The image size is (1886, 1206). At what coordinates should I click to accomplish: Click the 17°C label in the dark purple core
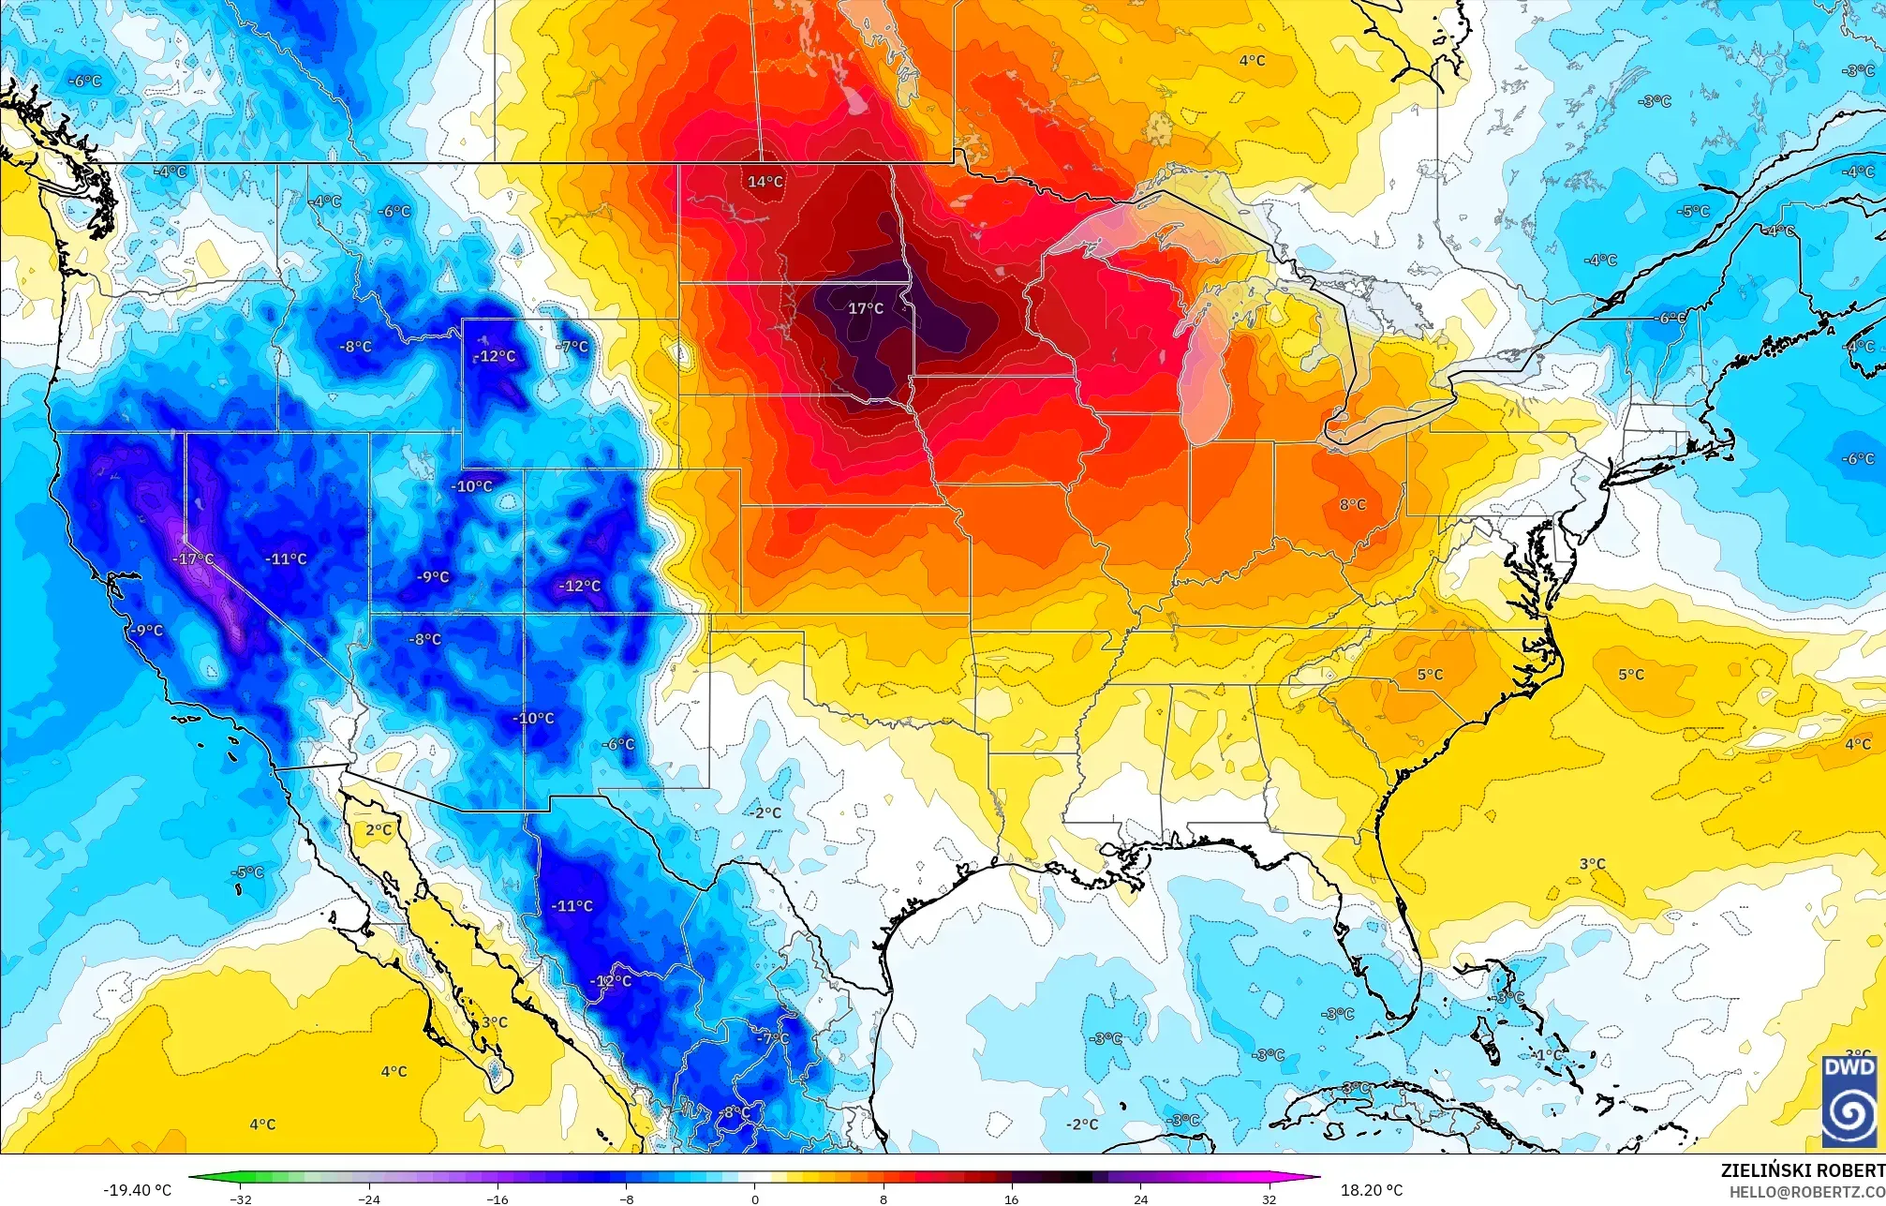point(865,308)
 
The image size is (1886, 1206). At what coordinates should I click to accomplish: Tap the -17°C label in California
point(193,558)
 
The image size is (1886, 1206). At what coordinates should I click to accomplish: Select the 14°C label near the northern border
point(765,182)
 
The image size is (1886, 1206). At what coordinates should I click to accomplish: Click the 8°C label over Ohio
point(1352,504)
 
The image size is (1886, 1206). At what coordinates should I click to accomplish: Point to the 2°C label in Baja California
point(379,830)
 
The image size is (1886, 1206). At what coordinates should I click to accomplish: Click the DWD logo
point(1849,1101)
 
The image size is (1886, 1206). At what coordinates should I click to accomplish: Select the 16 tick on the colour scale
point(1011,1199)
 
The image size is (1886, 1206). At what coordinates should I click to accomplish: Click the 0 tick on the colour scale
point(755,1199)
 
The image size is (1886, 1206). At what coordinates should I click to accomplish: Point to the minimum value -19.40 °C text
point(137,1190)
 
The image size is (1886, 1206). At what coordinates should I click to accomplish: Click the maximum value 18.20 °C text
point(1372,1190)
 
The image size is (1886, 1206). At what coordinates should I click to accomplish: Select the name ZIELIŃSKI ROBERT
point(1802,1170)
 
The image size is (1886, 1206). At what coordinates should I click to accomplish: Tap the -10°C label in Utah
point(471,486)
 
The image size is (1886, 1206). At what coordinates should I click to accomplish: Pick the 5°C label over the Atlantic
point(1630,675)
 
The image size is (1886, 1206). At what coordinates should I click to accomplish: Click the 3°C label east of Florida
point(1592,864)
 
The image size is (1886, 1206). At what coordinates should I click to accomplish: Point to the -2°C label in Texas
point(765,812)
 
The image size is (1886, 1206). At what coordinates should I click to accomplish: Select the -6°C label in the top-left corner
point(84,82)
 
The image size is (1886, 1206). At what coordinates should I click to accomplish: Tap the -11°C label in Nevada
point(286,558)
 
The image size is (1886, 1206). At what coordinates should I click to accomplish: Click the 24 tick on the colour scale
point(1140,1199)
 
